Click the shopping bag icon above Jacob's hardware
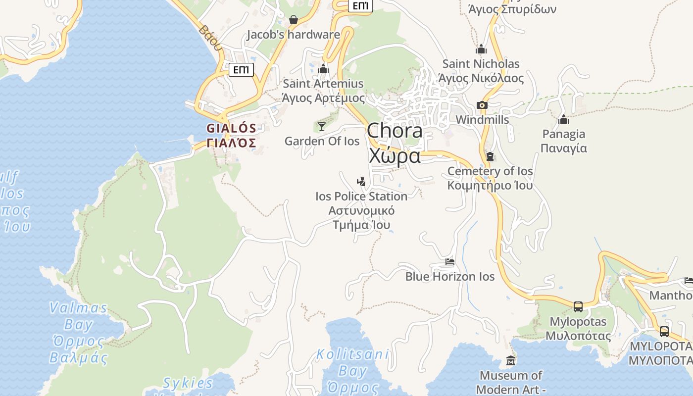point(294,20)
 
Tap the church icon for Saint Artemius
point(323,69)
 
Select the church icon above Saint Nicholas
point(481,49)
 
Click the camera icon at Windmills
point(482,105)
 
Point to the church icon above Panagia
point(563,119)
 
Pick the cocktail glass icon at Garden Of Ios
point(322,127)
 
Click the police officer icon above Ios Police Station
point(361,181)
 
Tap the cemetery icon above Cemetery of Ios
point(490,156)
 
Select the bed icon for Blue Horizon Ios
point(449,261)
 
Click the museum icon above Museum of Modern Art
point(511,360)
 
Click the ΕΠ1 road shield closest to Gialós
point(241,70)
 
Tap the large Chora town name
point(395,131)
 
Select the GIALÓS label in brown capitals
point(231,128)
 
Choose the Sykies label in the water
point(188,383)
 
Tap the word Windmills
point(482,120)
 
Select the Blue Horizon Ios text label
point(450,276)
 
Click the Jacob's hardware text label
point(294,35)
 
